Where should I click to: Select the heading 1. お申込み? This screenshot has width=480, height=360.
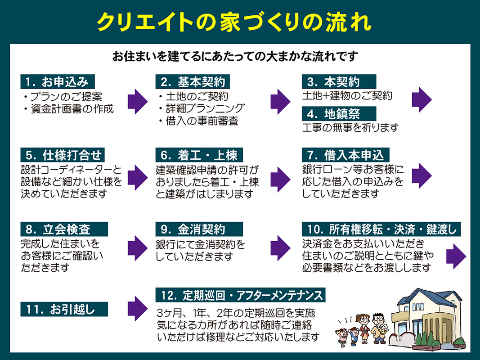58,82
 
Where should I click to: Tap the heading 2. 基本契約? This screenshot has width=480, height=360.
193,82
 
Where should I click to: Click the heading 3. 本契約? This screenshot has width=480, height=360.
339,82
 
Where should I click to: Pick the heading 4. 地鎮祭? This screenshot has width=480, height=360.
339,113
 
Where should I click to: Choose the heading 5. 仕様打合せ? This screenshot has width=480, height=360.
63,155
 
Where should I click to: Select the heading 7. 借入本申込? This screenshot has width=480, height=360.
345,155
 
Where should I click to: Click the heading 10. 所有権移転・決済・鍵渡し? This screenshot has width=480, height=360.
381,229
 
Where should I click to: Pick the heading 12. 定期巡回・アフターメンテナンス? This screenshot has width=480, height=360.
240,295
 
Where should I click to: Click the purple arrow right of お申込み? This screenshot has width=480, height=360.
137,102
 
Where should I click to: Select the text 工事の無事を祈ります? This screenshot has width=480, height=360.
350,127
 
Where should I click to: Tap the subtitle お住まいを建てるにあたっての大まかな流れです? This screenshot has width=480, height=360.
235,57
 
